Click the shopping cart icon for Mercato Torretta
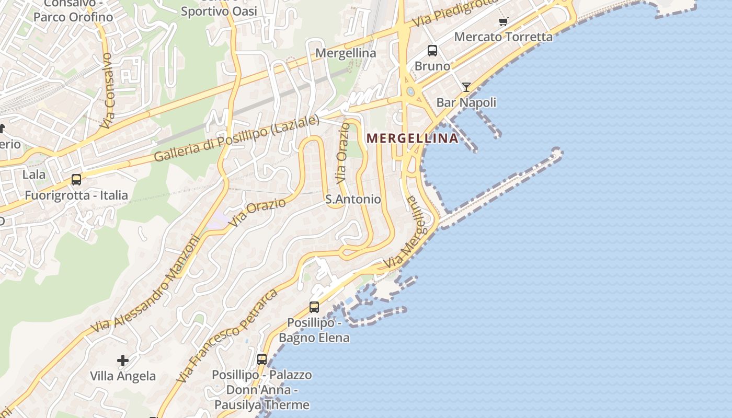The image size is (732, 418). coord(503,21)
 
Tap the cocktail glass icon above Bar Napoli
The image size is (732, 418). coord(466,87)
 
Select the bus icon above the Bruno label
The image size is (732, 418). coord(432,51)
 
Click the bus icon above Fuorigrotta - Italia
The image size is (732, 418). coord(76,180)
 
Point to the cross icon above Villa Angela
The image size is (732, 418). coord(123,361)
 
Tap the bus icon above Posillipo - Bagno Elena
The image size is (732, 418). coord(314,307)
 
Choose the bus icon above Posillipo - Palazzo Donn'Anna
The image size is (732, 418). coord(262,359)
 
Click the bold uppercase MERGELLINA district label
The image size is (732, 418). coord(413,138)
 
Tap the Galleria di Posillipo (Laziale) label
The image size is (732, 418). coord(236,138)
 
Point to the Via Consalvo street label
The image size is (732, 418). coord(107,90)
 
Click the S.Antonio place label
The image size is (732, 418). coord(353,200)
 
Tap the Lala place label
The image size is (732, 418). coord(34,175)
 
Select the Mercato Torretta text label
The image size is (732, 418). coord(503,37)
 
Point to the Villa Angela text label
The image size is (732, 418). coord(123,376)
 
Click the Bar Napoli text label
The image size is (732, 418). coord(466,102)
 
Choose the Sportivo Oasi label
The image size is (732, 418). coord(219,11)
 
